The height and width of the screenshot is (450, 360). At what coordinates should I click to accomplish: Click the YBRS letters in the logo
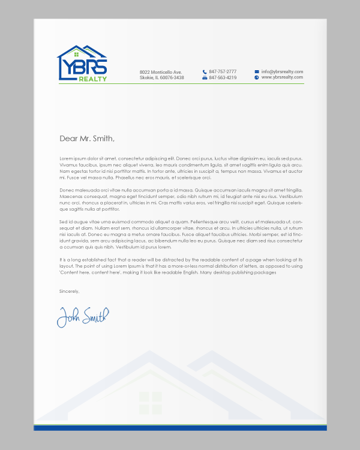click(x=83, y=67)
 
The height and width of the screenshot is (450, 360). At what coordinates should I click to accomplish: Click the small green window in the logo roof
click(x=76, y=55)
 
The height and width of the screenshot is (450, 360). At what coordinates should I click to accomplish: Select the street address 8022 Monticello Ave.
click(x=160, y=72)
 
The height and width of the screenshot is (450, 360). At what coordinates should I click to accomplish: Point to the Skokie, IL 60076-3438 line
click(x=161, y=78)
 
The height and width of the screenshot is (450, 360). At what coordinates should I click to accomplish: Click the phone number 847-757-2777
click(x=223, y=71)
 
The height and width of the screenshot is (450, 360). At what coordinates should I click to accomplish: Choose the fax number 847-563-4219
click(x=223, y=77)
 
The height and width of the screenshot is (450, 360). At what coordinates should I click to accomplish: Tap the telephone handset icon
click(x=205, y=71)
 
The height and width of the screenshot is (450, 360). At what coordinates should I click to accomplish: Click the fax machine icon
click(x=205, y=77)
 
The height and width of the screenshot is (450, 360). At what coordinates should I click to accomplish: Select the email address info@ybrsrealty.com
click(x=282, y=71)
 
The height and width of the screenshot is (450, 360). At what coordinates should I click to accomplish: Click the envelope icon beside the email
click(x=257, y=71)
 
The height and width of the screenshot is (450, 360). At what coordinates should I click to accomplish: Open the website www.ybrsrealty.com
click(x=282, y=77)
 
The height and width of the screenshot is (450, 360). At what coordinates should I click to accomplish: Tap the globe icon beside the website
click(x=257, y=77)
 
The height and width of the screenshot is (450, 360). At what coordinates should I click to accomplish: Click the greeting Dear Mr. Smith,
click(x=86, y=138)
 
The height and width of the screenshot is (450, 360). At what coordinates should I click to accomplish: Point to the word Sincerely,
click(x=69, y=291)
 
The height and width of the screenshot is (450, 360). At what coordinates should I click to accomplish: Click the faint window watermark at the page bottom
click(x=151, y=401)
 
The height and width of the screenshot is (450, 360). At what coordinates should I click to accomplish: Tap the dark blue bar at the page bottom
click(x=180, y=428)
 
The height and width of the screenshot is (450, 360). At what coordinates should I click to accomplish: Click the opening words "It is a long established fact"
click(x=90, y=259)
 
